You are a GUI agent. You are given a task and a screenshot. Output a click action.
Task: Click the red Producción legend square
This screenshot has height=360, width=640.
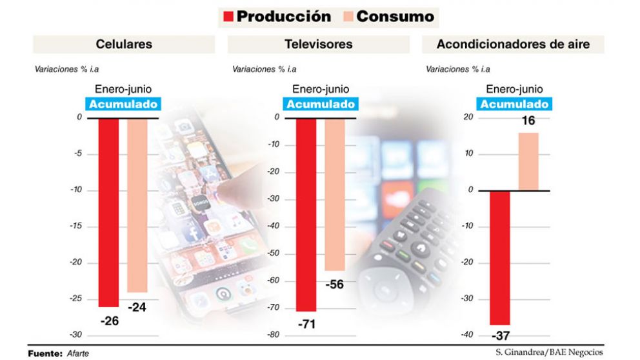tap(227, 17)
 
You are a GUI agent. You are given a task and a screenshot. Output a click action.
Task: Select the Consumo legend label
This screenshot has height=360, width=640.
tap(395, 17)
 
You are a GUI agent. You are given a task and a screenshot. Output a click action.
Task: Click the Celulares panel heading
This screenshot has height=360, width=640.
tap(124, 45)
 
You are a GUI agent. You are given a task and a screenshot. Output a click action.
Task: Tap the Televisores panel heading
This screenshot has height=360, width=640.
tap(318, 45)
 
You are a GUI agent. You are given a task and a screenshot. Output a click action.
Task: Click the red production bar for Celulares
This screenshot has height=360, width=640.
tap(109, 213)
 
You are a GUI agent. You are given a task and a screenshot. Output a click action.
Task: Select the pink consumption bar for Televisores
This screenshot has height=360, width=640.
tap(334, 194)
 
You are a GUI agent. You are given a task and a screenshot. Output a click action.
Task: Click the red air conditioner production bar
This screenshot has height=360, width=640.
tap(500, 258)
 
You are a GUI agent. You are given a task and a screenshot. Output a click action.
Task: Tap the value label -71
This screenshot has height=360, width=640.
tap(306, 324)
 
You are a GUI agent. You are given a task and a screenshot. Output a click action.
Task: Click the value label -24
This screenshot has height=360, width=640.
tap(137, 308)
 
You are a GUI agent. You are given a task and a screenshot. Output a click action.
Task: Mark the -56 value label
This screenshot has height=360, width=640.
tap(334, 284)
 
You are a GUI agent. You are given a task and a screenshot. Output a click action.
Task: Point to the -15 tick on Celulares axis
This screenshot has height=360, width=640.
tap(75, 226)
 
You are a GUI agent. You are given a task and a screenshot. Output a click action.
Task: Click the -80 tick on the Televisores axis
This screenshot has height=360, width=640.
tap(273, 335)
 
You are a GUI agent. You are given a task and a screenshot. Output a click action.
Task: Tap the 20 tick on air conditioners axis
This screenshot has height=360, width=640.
tap(468, 117)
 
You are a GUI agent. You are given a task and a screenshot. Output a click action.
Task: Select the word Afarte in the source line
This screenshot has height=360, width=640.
tap(78, 354)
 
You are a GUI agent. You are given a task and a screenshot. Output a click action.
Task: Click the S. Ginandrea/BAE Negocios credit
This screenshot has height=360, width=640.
tap(550, 352)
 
